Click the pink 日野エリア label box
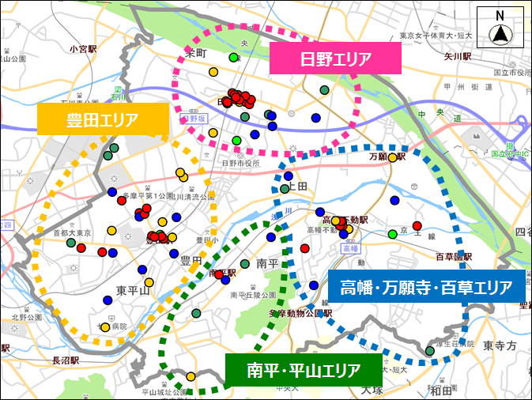[336, 58]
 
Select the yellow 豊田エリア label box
[103, 120]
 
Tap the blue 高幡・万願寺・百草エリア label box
[426, 286]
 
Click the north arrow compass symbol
[500, 28]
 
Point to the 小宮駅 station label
[83, 49]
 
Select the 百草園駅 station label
[453, 257]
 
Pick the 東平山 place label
[133, 290]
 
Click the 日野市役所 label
[240, 163]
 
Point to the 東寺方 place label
[500, 345]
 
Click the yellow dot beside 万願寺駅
[392, 157]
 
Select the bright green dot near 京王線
[392, 234]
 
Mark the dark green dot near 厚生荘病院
[430, 351]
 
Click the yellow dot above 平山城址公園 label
[191, 376]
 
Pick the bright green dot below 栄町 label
[233, 58]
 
